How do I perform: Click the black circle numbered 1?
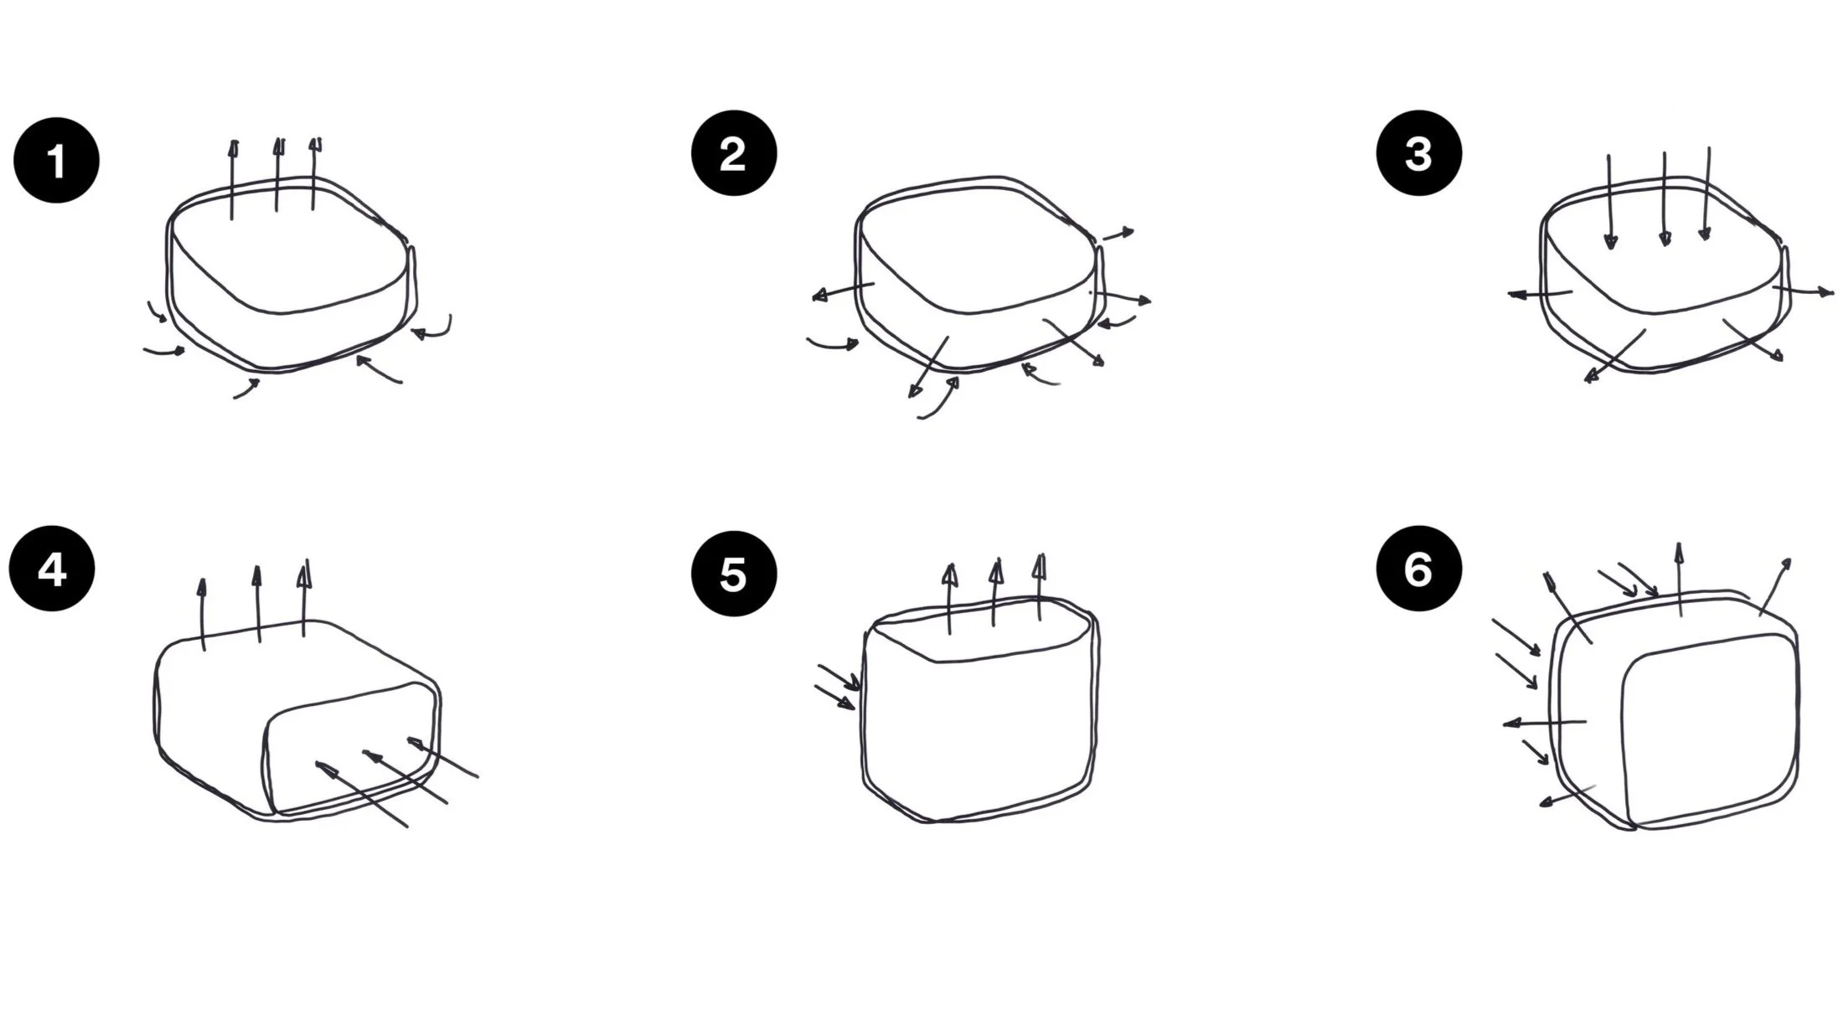pyautogui.click(x=56, y=160)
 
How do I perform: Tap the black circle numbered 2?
pyautogui.click(x=734, y=153)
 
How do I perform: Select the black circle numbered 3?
pyautogui.click(x=1419, y=153)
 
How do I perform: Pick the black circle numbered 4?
pyautogui.click(x=52, y=569)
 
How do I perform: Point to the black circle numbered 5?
pyautogui.click(x=734, y=574)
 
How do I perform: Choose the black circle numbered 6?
pyautogui.click(x=1419, y=569)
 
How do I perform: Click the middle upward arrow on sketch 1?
pyautogui.click(x=277, y=174)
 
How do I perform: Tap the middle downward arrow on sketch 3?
pyautogui.click(x=1665, y=199)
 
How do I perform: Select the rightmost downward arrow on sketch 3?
pyautogui.click(x=1706, y=193)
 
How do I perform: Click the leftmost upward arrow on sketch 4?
pyautogui.click(x=202, y=614)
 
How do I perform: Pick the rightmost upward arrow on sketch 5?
pyautogui.click(x=1040, y=586)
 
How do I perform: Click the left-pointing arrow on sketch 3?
pyautogui.click(x=1540, y=294)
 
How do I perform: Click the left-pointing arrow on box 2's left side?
pyautogui.click(x=844, y=291)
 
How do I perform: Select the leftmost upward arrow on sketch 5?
pyautogui.click(x=949, y=598)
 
